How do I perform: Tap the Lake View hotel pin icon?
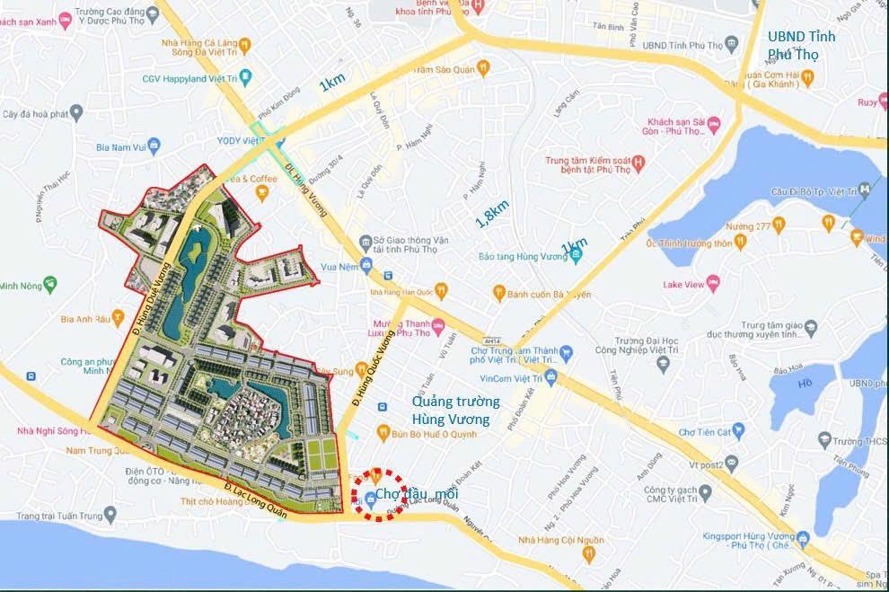pyautogui.click(x=714, y=284)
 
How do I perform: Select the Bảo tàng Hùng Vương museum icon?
pyautogui.click(x=577, y=256)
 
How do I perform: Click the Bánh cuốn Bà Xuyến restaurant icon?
pyautogui.click(x=497, y=292)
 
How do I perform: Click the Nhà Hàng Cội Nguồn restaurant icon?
pyautogui.click(x=587, y=555)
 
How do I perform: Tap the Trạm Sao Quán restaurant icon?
pyautogui.click(x=482, y=67)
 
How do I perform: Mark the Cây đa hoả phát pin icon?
pyautogui.click(x=76, y=113)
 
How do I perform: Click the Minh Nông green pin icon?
pyautogui.click(x=50, y=285)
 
